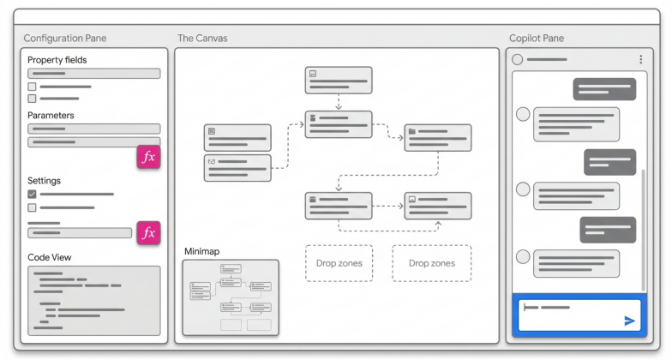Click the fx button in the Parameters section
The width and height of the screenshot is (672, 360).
pos(148,157)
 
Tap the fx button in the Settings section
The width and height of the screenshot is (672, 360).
pos(148,232)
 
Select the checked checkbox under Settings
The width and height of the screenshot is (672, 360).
pos(32,195)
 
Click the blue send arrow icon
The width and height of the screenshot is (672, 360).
pos(629,321)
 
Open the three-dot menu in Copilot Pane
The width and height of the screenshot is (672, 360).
pos(640,59)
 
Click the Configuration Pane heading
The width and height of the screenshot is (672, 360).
pos(65,39)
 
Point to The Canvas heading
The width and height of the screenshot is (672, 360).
pos(202,39)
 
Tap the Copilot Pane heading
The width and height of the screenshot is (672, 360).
pos(537,39)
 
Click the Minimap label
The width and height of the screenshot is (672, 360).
pos(202,251)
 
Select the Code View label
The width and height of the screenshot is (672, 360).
pos(50,257)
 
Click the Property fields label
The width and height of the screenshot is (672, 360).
pos(57,60)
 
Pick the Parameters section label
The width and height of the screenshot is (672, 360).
pos(51,115)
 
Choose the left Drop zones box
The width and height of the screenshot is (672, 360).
pos(339,263)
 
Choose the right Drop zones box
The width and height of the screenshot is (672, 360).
pos(431,263)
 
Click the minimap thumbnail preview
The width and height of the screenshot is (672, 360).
pos(231,297)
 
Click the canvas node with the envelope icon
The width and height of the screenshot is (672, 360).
pos(237,167)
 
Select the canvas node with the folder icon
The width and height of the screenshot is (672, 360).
pos(437,137)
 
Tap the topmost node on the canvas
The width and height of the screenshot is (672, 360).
pos(339,80)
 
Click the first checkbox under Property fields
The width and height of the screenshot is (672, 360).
pos(32,87)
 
